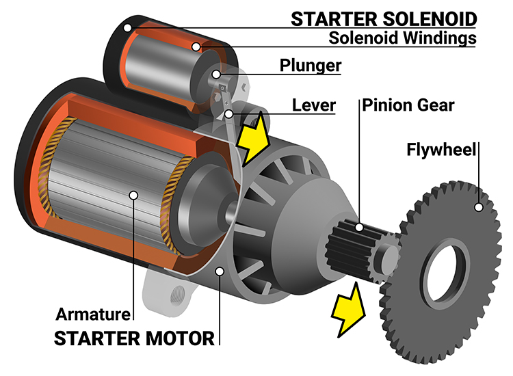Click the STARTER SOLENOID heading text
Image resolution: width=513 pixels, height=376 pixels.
[383, 18]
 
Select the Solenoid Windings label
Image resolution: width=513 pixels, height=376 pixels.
[402, 38]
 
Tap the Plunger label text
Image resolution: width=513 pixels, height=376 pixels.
[311, 66]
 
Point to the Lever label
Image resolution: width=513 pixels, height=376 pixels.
[314, 105]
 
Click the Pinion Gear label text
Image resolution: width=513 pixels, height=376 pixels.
[408, 105]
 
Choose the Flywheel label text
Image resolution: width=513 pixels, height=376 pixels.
[442, 148]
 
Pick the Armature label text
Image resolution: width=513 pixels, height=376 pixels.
[92, 315]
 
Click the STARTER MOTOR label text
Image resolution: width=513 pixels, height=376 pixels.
[134, 338]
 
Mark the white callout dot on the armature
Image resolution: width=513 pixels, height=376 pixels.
[133, 196]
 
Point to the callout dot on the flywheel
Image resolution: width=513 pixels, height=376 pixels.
[479, 206]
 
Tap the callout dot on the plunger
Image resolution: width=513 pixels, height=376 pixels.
[216, 74]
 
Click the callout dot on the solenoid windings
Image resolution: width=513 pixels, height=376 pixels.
[196, 46]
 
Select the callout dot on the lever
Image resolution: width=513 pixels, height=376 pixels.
[230, 113]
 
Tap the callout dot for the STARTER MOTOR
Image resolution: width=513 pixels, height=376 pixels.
[220, 271]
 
